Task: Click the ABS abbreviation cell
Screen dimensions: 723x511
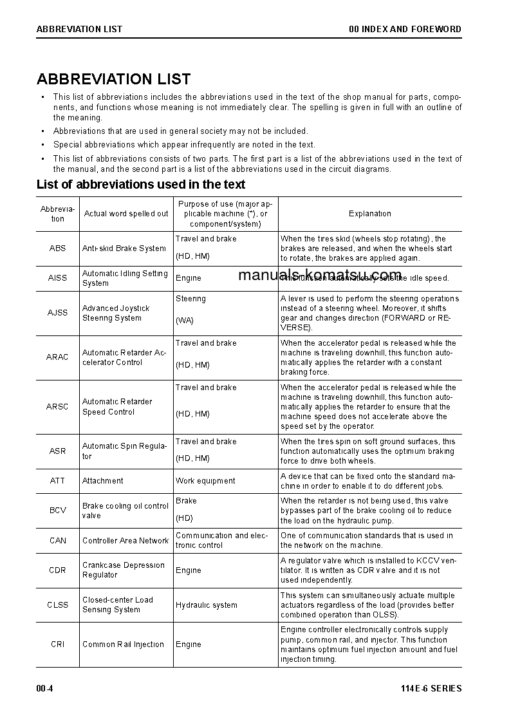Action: [x=57, y=249]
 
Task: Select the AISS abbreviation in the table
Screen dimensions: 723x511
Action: [x=57, y=278]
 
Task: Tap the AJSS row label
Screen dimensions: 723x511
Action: [x=57, y=313]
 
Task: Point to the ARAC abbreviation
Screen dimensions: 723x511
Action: [x=57, y=357]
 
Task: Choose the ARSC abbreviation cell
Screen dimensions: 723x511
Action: [x=57, y=407]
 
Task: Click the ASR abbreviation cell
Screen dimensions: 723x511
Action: [x=57, y=451]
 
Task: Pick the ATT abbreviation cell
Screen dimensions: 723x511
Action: [x=57, y=481]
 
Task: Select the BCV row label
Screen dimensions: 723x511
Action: [x=57, y=511]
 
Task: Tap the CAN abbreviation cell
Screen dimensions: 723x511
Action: [x=57, y=541]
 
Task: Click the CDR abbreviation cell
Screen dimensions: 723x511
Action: [x=57, y=570]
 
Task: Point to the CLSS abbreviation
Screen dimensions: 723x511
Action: [x=57, y=605]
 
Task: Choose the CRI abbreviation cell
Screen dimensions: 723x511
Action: [x=57, y=644]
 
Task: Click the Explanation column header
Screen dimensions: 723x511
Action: [x=369, y=214]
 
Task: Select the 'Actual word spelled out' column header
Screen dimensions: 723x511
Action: [x=126, y=214]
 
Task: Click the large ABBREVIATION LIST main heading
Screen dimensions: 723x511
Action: [x=113, y=79]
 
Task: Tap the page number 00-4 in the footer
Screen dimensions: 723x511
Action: [x=44, y=689]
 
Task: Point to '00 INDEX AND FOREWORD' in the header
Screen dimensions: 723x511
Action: [x=405, y=29]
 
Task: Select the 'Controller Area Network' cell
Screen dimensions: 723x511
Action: [x=125, y=541]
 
